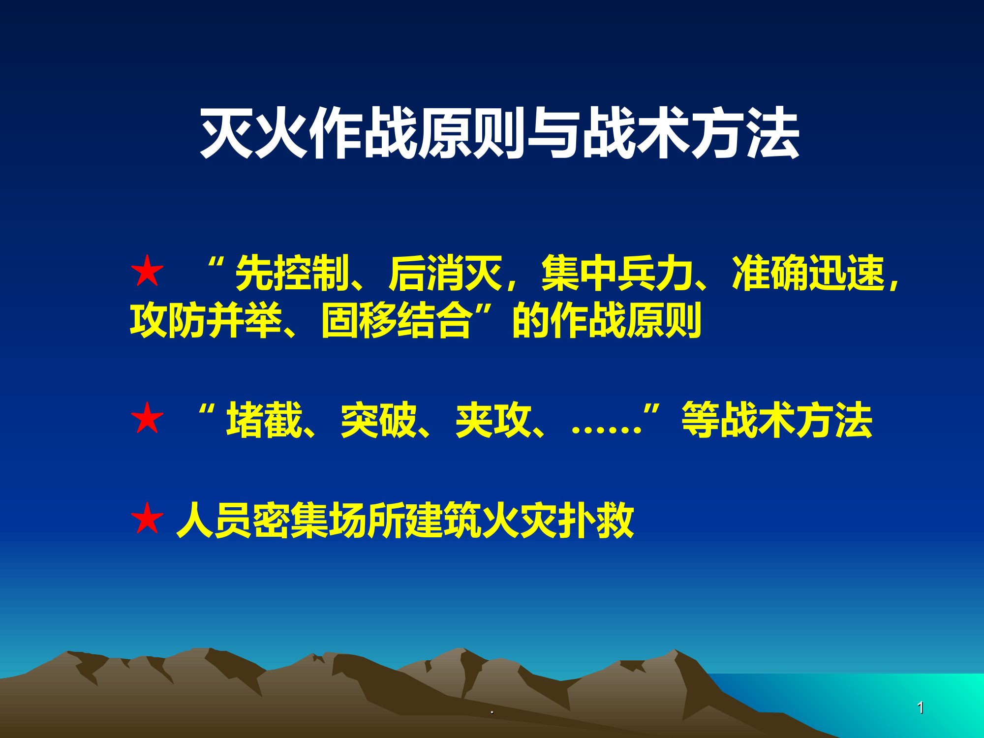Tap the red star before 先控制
pyautogui.click(x=147, y=272)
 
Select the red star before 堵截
pyautogui.click(x=147, y=419)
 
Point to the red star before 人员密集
pyautogui.click(x=147, y=519)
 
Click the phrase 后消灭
pyautogui.click(x=445, y=273)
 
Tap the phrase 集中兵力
pyautogui.click(x=617, y=273)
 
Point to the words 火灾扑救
pyautogui.click(x=557, y=520)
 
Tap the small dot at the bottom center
pyautogui.click(x=492, y=712)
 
